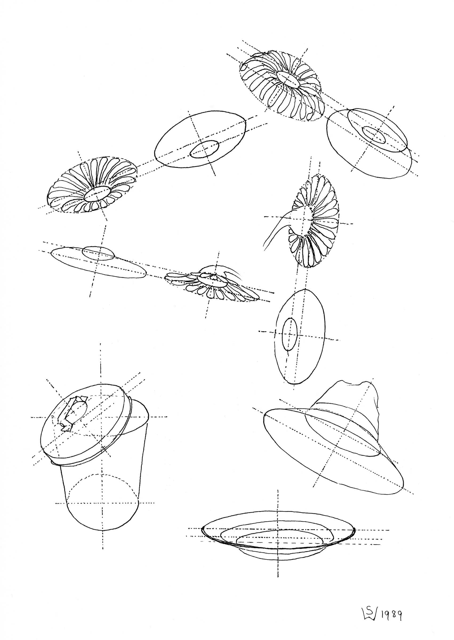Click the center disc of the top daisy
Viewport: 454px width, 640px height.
pyautogui.click(x=288, y=80)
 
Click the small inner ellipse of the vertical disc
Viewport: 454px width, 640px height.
pyautogui.click(x=289, y=334)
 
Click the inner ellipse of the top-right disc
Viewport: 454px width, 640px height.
pyautogui.click(x=374, y=135)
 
